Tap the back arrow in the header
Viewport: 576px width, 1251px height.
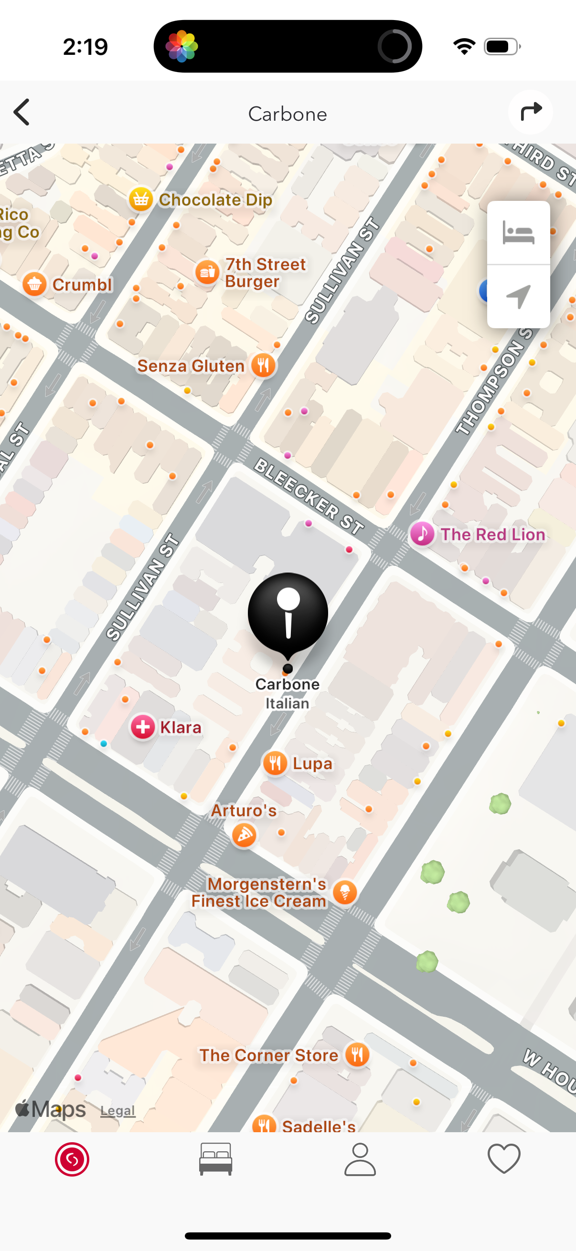click(x=22, y=113)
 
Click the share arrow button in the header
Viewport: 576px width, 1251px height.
click(x=530, y=112)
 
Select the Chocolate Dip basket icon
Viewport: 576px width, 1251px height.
click(x=140, y=199)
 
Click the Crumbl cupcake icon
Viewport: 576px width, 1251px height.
click(x=34, y=284)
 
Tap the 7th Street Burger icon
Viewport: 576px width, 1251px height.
click(x=207, y=272)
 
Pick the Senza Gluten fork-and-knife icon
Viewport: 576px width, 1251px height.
click(x=264, y=365)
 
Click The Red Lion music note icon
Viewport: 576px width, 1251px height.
click(x=422, y=534)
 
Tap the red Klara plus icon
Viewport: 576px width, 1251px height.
click(x=143, y=727)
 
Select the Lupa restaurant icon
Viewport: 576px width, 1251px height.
click(x=275, y=763)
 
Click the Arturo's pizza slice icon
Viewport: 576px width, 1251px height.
click(x=244, y=835)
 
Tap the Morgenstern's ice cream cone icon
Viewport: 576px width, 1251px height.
click(x=345, y=892)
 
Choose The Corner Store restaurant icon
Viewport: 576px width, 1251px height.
click(x=357, y=1055)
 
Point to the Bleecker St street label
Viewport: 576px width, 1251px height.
click(x=309, y=496)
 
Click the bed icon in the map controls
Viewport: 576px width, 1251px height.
click(x=518, y=233)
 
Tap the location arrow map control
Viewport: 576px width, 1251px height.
click(x=518, y=296)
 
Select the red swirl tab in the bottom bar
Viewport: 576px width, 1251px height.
click(x=72, y=1159)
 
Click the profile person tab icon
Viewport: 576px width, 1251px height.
click(x=360, y=1159)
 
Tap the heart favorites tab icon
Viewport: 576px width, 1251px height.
click(x=503, y=1159)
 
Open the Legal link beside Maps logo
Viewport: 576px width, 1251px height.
click(x=117, y=1111)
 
